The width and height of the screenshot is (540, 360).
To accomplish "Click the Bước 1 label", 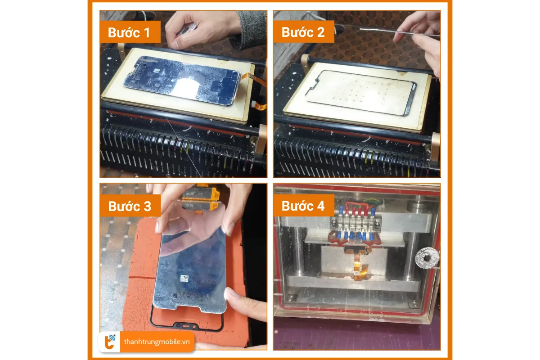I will tap(130, 32).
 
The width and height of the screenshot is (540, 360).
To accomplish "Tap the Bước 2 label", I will tap(303, 32).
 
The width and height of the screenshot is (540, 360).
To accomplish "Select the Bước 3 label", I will tap(130, 206).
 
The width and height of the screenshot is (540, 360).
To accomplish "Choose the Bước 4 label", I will tap(303, 206).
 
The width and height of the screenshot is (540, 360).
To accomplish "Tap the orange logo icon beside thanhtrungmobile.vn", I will tap(110, 342).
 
